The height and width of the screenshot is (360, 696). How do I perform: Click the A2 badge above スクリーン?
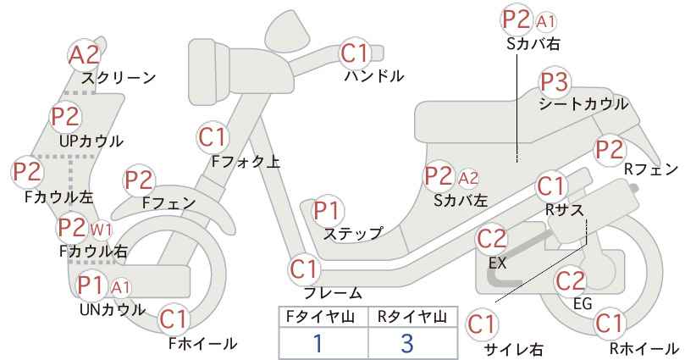click(x=85, y=55)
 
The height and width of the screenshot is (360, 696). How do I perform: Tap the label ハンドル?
click(x=374, y=76)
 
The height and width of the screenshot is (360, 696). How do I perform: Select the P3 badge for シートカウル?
click(x=555, y=82)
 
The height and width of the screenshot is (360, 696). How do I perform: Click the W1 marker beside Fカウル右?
click(x=102, y=230)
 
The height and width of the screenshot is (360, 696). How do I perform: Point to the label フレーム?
click(x=333, y=293)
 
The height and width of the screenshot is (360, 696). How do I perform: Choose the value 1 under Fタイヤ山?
click(x=318, y=343)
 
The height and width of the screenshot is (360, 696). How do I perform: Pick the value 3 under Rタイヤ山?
click(x=407, y=343)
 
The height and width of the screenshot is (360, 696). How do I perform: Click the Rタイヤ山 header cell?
click(x=413, y=317)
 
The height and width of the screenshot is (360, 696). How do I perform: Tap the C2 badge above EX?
click(x=492, y=239)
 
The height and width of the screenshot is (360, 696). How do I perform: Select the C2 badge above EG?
click(x=571, y=281)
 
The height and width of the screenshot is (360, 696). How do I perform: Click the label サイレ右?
click(x=514, y=349)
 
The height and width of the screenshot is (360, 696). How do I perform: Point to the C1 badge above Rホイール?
click(x=609, y=324)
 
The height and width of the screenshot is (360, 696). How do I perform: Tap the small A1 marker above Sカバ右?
click(x=545, y=21)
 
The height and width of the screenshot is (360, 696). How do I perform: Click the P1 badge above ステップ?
click(x=327, y=211)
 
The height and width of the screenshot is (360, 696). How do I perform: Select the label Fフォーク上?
click(x=246, y=162)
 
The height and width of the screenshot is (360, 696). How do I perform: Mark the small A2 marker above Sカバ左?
click(x=468, y=178)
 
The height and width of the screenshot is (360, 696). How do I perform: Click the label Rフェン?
click(x=651, y=169)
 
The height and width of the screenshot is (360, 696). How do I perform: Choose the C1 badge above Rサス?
click(x=551, y=187)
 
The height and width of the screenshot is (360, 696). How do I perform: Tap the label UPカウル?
click(x=91, y=141)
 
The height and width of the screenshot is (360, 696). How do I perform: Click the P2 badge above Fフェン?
click(x=139, y=180)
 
